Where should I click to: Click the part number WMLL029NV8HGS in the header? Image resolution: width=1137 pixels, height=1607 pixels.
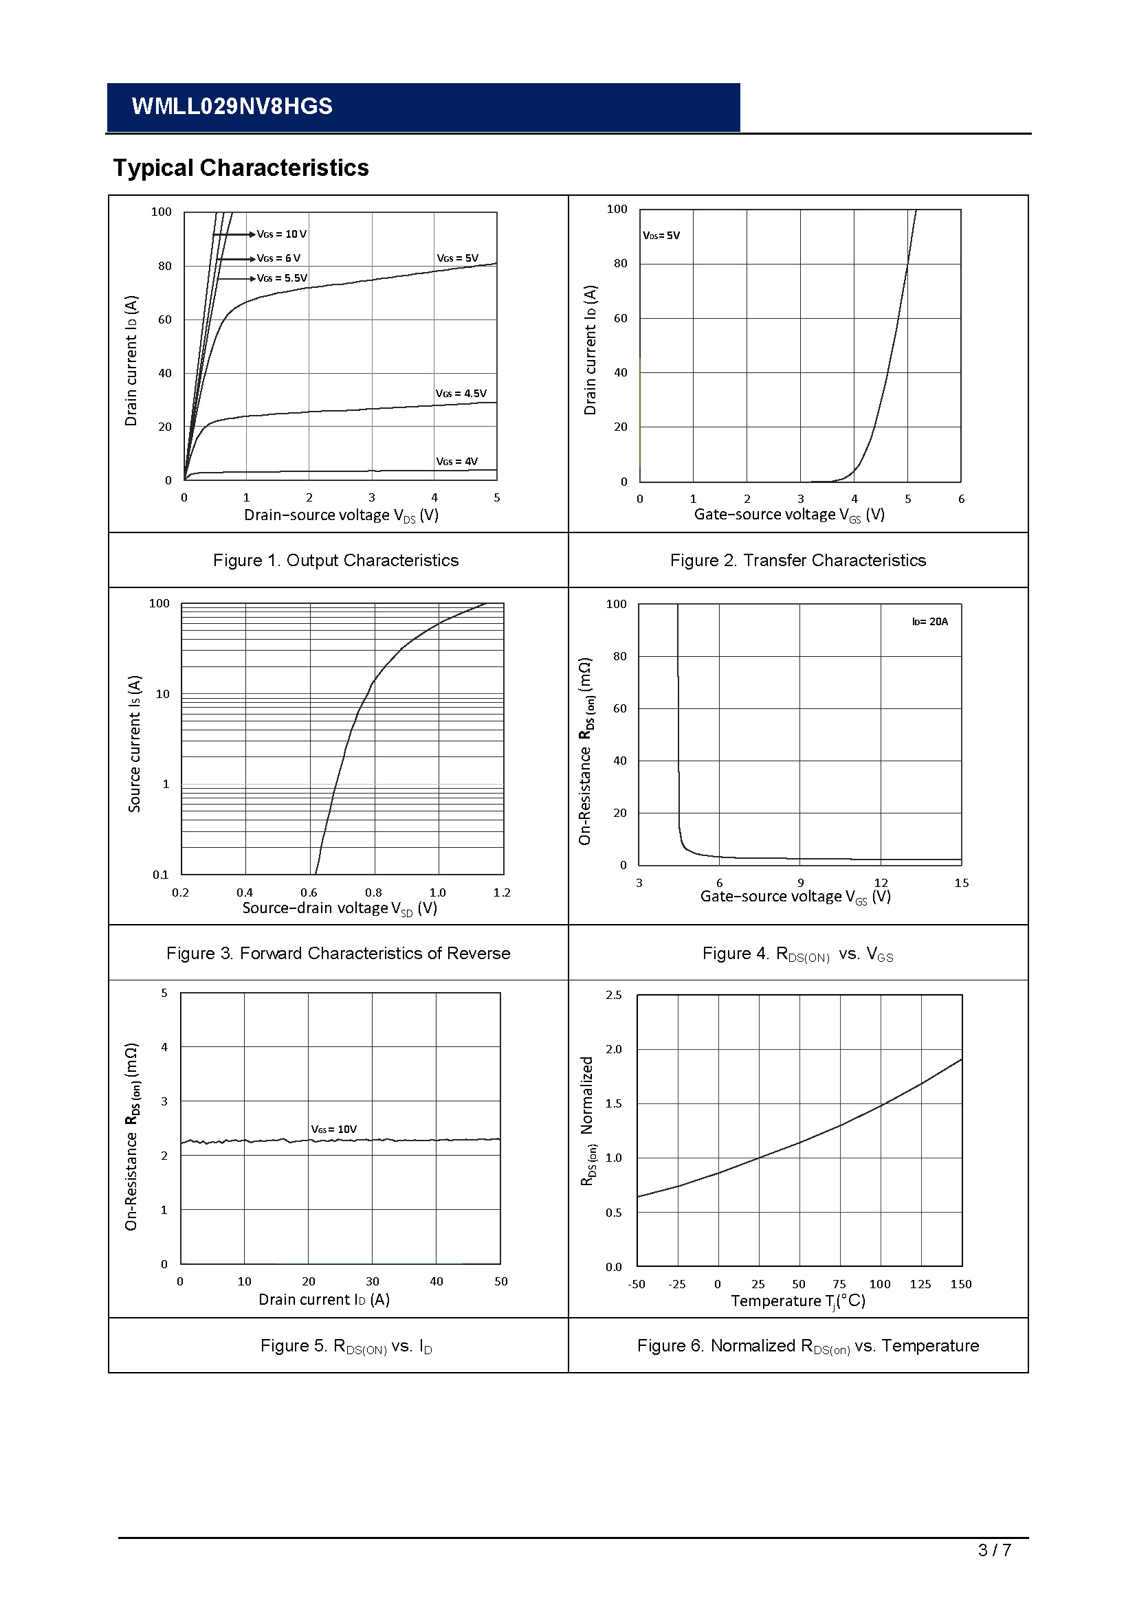click(x=232, y=106)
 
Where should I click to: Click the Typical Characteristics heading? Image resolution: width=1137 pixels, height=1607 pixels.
click(x=241, y=168)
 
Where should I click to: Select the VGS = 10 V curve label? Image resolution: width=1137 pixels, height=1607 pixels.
click(x=281, y=234)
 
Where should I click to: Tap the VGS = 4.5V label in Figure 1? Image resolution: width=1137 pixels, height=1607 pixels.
click(x=461, y=394)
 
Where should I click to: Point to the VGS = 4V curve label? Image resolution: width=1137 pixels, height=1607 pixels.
click(x=456, y=461)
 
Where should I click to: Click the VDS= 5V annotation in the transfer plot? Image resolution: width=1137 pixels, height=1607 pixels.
click(x=661, y=236)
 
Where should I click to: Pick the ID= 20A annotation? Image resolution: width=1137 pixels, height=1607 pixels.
click(x=930, y=622)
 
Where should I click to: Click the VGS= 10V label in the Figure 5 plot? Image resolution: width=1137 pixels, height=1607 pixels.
click(x=334, y=1129)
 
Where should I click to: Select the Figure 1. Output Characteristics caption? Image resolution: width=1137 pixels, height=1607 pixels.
click(x=336, y=561)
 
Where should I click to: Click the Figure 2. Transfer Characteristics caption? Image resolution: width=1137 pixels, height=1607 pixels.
click(x=797, y=561)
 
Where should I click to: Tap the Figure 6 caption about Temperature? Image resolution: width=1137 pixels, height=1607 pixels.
click(x=807, y=1346)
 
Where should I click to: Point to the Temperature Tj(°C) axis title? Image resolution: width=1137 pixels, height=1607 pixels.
click(x=798, y=1301)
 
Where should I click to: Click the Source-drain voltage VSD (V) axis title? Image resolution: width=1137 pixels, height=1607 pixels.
click(x=340, y=908)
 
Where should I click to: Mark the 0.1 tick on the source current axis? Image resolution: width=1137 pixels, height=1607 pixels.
click(x=161, y=875)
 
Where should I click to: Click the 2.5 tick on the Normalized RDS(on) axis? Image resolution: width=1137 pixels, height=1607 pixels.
click(x=613, y=996)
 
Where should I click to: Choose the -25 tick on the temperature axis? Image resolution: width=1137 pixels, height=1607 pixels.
click(x=677, y=1284)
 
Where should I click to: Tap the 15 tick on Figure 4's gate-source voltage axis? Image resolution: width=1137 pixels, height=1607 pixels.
click(x=961, y=884)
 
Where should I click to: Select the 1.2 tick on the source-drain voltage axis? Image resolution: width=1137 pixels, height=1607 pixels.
click(x=502, y=893)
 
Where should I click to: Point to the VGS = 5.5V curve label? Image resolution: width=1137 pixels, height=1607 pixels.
click(x=282, y=278)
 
